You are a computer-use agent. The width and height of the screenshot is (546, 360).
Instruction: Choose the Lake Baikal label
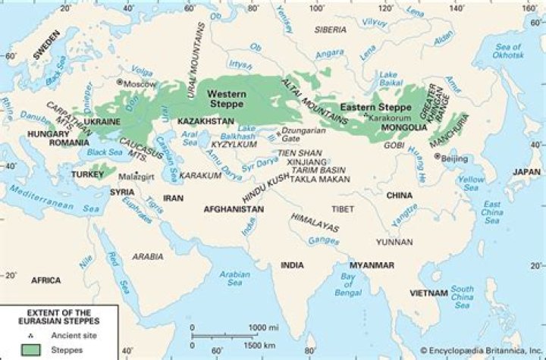(388, 78)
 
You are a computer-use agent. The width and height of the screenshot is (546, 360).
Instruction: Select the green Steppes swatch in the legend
(30, 349)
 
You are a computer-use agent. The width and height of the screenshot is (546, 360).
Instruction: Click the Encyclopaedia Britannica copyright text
(475, 352)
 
